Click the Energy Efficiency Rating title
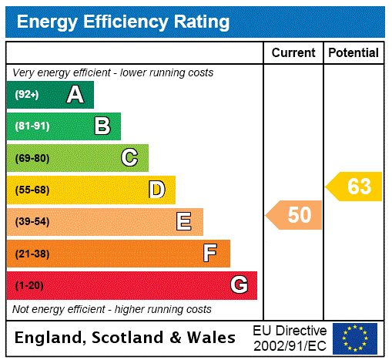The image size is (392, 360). coord(123,22)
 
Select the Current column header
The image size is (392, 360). coord(293,53)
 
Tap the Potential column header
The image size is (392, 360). coord(353,53)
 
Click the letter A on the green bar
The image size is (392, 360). coord(75,95)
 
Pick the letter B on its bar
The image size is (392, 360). coord(102,126)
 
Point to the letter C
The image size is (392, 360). coord(129,158)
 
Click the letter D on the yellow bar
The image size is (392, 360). coord(156,190)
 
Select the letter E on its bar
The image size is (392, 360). coord(184,222)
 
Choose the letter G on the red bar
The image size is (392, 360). coord(239,285)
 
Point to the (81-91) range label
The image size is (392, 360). coord(32,126)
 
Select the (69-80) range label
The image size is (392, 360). coord(32,159)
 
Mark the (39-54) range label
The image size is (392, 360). coord(32,222)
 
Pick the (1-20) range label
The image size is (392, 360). coord(29,286)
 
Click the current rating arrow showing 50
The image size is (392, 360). coord(295,215)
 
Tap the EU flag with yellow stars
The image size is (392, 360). coord(355,338)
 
